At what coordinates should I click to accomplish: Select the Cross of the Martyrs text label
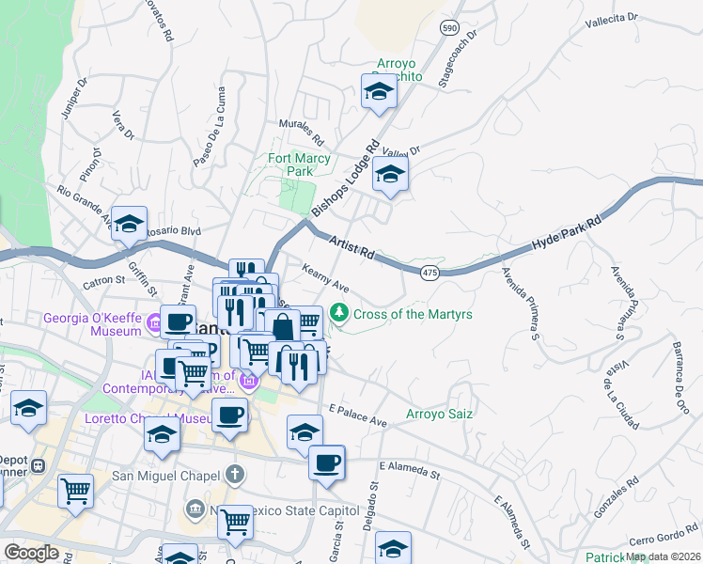point(414,314)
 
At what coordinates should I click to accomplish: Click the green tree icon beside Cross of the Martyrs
point(341,314)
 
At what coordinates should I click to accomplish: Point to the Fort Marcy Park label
point(300,164)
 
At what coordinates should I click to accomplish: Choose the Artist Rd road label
point(351,249)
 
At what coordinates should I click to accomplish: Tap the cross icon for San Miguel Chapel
point(234,475)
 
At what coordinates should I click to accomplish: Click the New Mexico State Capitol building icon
point(195,509)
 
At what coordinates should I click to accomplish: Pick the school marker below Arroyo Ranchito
point(378,92)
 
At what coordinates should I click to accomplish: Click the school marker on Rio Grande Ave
point(129,225)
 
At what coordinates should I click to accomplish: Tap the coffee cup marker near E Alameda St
point(326,462)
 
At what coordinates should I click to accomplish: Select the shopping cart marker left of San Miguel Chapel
point(76,491)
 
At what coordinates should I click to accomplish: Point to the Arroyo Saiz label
point(438,414)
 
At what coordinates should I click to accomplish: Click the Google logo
point(31,553)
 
